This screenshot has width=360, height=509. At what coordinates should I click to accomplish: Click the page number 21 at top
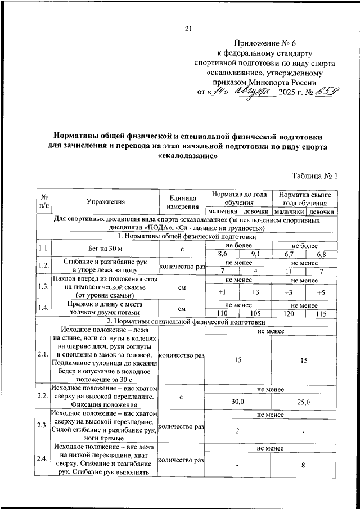(x=188, y=29)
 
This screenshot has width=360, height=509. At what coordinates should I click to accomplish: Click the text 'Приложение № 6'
(x=260, y=43)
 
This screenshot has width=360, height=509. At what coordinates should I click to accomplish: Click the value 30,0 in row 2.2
(x=237, y=403)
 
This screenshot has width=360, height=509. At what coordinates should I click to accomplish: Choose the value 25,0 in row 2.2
(x=304, y=403)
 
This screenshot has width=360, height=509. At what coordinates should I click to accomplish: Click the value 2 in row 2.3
(x=237, y=431)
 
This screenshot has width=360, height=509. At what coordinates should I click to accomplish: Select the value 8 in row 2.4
(x=304, y=465)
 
